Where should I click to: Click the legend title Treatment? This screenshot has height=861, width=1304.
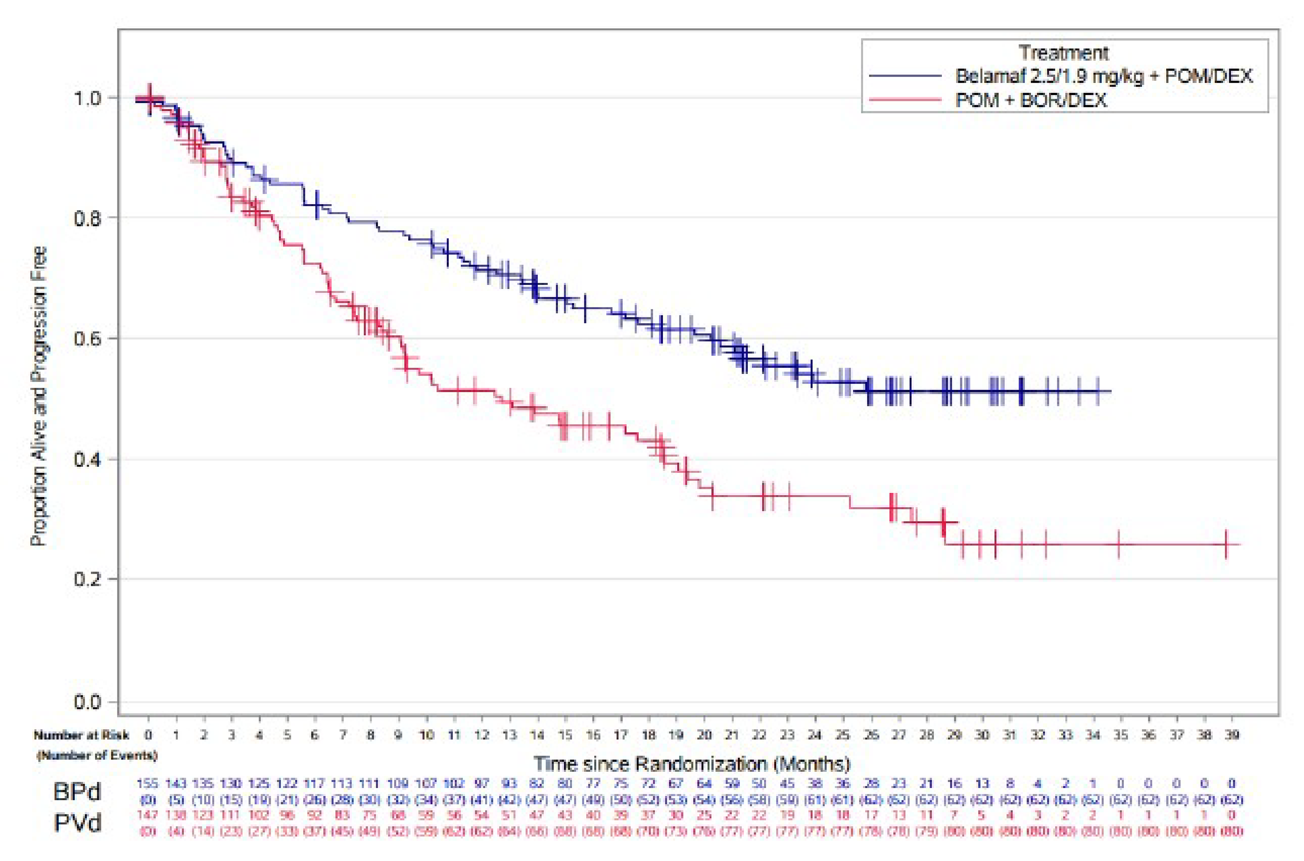click(x=1063, y=53)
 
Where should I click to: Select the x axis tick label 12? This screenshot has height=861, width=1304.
click(x=482, y=735)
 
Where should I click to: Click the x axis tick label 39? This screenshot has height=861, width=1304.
click(x=1231, y=735)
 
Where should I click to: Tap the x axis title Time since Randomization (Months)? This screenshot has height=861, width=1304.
click(x=692, y=764)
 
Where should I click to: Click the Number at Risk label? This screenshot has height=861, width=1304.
click(x=81, y=735)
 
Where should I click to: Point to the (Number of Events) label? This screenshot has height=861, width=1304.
click(x=97, y=755)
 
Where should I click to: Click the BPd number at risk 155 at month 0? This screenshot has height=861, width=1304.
click(x=148, y=783)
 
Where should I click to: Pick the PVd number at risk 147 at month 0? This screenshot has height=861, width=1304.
click(x=148, y=815)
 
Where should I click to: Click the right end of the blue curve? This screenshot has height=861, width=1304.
click(x=1110, y=391)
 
